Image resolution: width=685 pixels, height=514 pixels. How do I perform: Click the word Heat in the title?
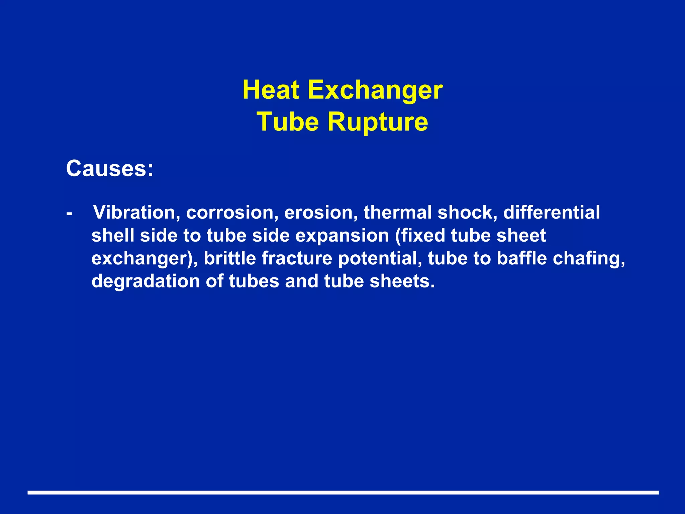271,90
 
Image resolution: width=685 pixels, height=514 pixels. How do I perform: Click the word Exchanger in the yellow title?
375,90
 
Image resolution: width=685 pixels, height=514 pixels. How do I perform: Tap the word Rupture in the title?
378,122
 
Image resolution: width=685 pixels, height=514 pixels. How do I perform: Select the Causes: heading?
110,168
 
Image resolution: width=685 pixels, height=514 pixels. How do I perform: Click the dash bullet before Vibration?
69,213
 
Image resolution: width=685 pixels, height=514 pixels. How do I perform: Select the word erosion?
321,212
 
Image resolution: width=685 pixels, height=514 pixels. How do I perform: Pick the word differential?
552,212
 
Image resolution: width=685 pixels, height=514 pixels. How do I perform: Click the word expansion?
342,236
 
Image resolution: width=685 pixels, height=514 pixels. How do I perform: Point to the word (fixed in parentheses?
420,235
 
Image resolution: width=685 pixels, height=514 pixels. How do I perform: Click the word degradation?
145,281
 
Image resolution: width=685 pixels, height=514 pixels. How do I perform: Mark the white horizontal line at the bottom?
343,493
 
